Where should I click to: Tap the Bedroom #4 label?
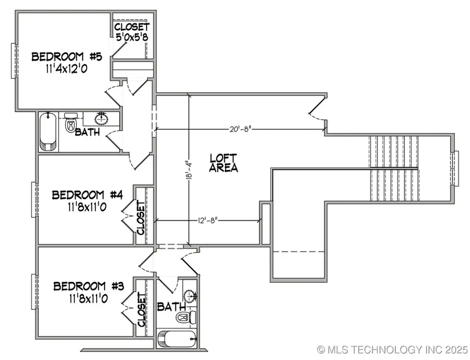click(87, 195)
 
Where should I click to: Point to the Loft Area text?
click(224, 163)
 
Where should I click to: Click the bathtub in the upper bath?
click(48, 131)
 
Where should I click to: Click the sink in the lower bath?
click(189, 296)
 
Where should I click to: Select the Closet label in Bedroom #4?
click(140, 218)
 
